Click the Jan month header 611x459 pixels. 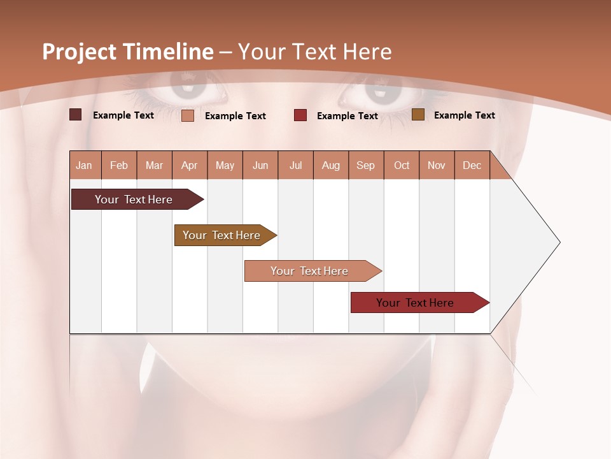(84, 165)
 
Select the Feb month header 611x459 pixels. (119, 165)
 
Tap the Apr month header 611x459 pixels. (189, 165)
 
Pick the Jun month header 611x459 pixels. (260, 165)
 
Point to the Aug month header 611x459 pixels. (330, 165)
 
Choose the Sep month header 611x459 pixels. (365, 165)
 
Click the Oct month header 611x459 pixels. (402, 165)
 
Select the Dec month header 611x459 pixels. (472, 165)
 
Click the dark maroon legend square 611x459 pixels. (76, 115)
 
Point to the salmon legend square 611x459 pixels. (188, 115)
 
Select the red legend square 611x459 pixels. (300, 115)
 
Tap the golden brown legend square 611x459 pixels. (418, 115)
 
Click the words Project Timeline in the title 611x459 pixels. (128, 52)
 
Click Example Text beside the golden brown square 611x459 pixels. (464, 115)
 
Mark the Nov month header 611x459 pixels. (436, 165)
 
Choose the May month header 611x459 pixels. (225, 165)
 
